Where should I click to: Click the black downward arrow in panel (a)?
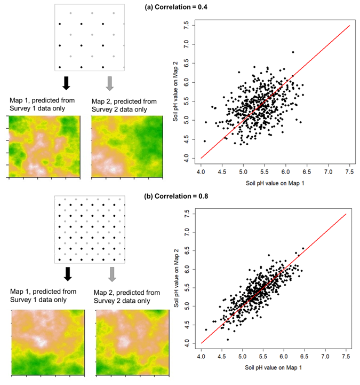66,83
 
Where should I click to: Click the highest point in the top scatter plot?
293,52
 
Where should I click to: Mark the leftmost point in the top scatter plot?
204,141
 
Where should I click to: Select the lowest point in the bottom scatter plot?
228,339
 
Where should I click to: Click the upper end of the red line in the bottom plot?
347,214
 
